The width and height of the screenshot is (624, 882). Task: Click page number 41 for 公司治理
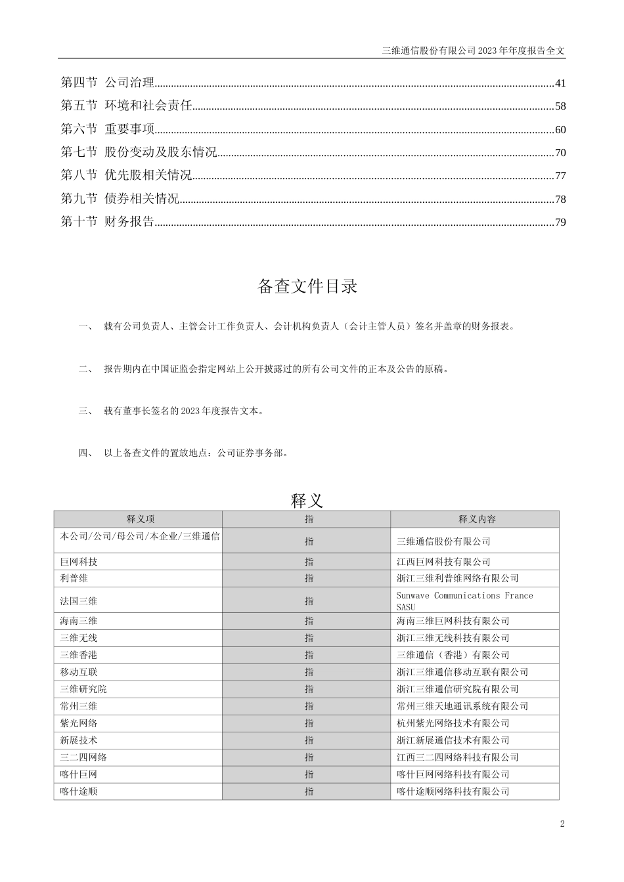(560, 83)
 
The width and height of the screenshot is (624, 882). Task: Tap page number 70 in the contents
(560, 153)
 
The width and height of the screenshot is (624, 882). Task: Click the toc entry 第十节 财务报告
(108, 222)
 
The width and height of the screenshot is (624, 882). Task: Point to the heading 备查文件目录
(307, 286)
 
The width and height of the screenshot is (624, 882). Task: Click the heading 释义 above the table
(307, 501)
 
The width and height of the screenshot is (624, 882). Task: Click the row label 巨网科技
(79, 562)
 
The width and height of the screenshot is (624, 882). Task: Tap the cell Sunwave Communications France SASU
(464, 601)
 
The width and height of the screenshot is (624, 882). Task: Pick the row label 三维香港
(79, 655)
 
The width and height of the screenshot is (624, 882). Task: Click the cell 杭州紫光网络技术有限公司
(453, 723)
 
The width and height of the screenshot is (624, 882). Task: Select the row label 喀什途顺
(79, 791)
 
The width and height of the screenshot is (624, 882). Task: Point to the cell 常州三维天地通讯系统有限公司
(462, 706)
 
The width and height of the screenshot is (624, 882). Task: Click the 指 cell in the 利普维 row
(309, 578)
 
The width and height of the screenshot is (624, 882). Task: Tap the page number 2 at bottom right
(562, 824)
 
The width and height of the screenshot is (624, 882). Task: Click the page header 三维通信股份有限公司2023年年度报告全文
(473, 50)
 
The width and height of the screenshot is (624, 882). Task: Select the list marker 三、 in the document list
(85, 411)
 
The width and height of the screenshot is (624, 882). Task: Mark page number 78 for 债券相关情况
(560, 199)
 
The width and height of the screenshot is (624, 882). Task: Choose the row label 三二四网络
(83, 757)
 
